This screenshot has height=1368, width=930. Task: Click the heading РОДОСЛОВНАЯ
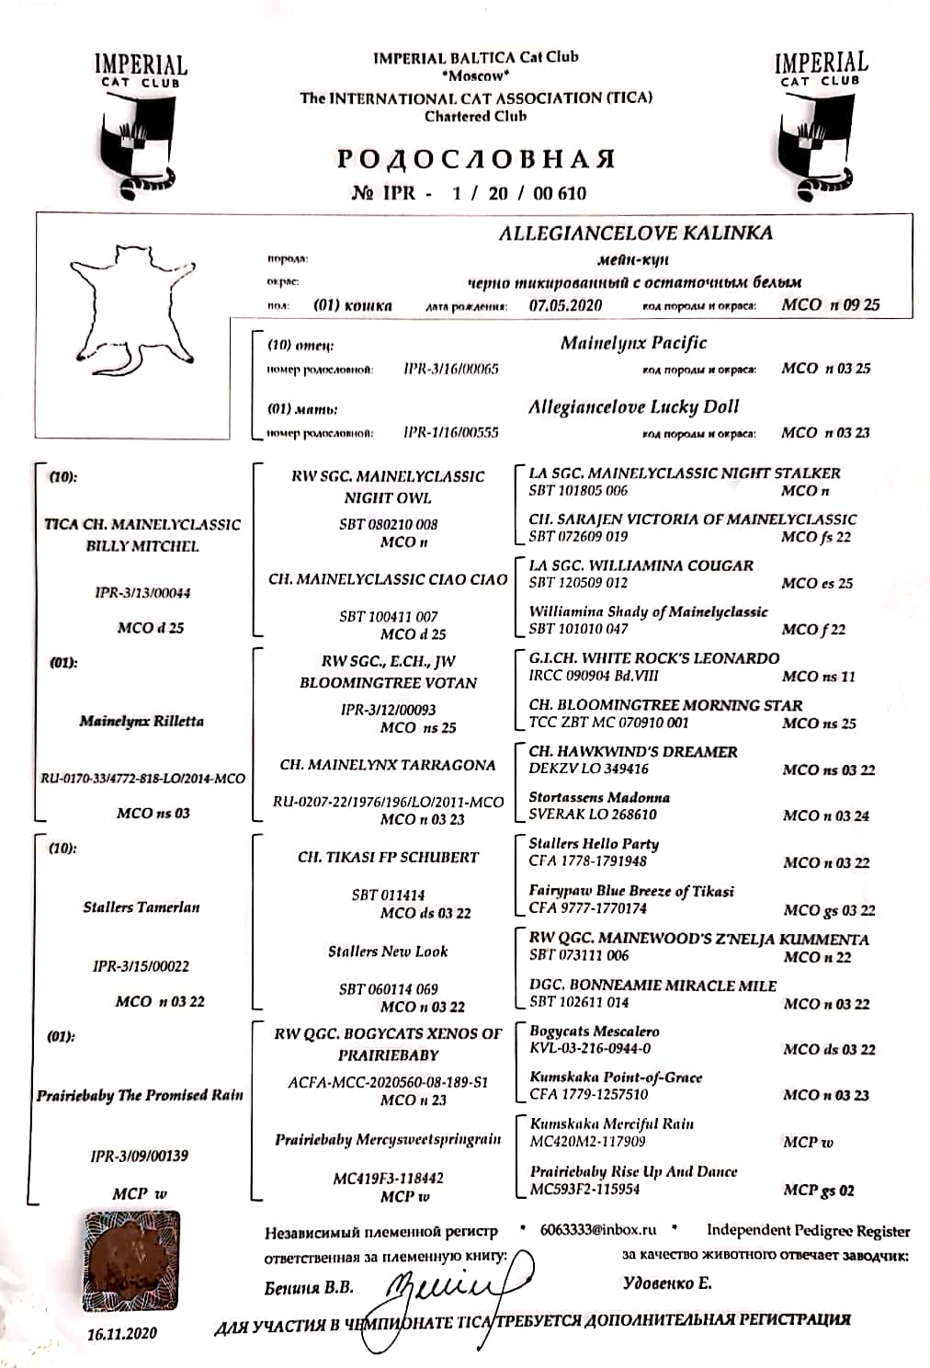point(475,159)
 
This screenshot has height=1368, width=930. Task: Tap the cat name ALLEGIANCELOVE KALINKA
point(635,234)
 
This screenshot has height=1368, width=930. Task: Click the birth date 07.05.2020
point(565,305)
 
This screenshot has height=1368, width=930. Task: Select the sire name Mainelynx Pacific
point(633,343)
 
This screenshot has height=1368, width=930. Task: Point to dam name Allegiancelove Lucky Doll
point(633,406)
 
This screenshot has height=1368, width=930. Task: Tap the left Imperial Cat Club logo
point(141,124)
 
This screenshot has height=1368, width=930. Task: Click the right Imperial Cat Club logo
point(820,122)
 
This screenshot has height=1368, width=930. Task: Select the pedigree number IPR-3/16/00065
point(451,369)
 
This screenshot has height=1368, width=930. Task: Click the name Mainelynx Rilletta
point(141,721)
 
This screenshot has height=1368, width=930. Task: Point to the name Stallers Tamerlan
point(141,906)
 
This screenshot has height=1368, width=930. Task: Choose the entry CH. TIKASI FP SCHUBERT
point(388,857)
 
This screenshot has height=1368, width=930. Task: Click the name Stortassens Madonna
point(599,797)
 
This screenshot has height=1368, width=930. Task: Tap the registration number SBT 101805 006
point(578,491)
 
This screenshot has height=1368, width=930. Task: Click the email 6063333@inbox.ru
point(598,1229)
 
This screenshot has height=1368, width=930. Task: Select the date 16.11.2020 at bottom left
point(122,1332)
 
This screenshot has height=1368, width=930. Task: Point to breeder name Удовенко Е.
point(666,1282)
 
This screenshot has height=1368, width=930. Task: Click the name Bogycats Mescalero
point(594,1032)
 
